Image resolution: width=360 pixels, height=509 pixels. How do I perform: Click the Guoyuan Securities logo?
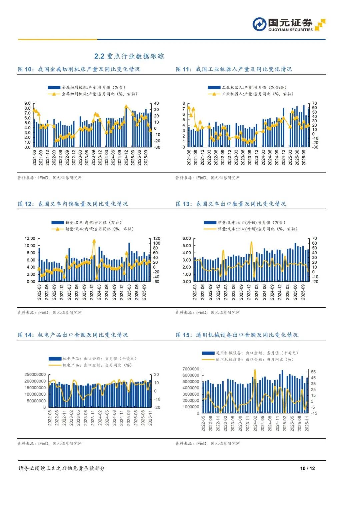pos(288,24)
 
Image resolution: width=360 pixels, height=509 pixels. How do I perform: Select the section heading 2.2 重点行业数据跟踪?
pos(129,56)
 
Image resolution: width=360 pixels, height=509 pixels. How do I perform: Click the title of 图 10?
pos(79,69)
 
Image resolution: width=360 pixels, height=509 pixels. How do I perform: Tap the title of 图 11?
pos(234,69)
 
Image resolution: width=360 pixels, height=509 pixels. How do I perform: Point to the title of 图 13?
pos(231,204)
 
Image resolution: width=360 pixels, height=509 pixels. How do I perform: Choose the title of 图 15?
pos(237,335)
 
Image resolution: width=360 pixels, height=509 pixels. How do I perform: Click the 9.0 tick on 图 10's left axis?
pos(27,103)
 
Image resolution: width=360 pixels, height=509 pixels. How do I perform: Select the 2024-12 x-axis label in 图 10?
pos(126,157)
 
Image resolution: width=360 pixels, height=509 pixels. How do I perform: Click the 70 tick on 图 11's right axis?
pos(314,103)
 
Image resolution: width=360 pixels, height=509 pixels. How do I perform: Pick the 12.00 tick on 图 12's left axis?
pos(30,238)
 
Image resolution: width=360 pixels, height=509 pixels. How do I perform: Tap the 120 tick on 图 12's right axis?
pos(157,238)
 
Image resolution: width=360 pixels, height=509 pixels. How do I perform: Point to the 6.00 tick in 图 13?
pos(187,238)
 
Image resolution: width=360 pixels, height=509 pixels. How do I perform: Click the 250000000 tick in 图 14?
pos(35,375)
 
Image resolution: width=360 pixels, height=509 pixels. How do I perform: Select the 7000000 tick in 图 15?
pos(191,369)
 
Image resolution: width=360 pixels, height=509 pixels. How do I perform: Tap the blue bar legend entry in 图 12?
pos(86,222)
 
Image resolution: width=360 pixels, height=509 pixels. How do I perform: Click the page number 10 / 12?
pos(307,468)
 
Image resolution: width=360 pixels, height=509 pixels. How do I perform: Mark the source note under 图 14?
pos(50,443)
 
